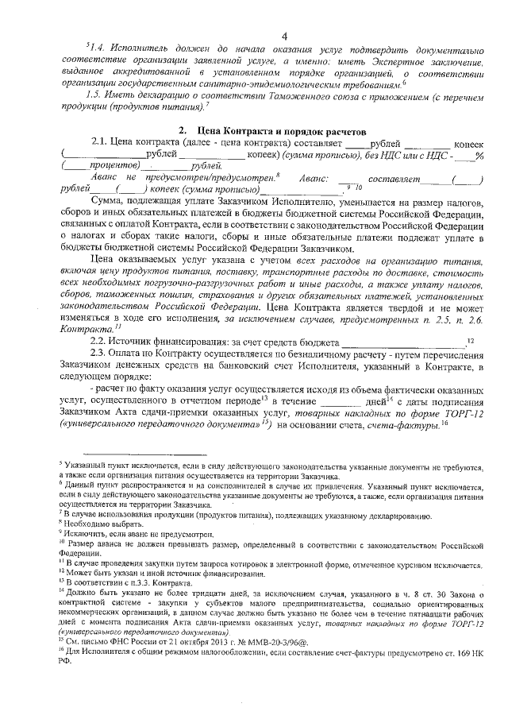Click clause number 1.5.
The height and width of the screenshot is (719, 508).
98,95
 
